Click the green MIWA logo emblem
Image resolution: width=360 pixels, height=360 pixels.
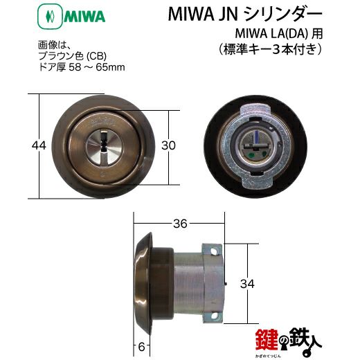click(50, 17)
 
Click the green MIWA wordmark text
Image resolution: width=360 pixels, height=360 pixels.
click(84, 17)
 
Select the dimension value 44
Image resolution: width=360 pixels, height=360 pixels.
click(39, 145)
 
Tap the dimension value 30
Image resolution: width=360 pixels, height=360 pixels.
click(168, 145)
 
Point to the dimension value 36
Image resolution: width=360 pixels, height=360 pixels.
click(180, 224)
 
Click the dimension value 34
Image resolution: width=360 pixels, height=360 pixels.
click(247, 283)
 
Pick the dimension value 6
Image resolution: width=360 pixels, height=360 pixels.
click(141, 347)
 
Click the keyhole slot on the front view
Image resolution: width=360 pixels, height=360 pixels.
click(104, 144)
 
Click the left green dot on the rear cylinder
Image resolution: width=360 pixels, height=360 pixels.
click(252, 155)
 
